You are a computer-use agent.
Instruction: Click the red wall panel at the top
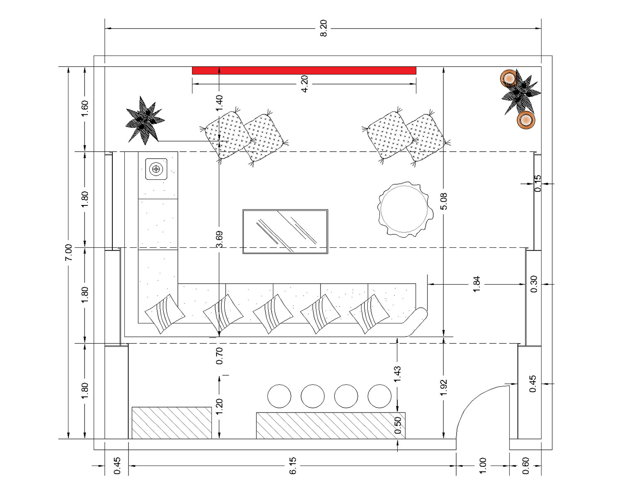tap(304, 70)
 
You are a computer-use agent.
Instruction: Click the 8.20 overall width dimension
tap(324, 28)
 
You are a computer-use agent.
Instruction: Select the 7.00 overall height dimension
tap(68, 252)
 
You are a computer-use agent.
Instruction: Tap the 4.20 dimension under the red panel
tap(304, 84)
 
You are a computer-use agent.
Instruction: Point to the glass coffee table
tap(285, 232)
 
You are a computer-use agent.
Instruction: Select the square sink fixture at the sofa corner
tap(156, 169)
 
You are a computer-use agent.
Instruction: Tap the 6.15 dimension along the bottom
tap(292, 466)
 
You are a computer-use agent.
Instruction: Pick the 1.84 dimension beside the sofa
tap(476, 284)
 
